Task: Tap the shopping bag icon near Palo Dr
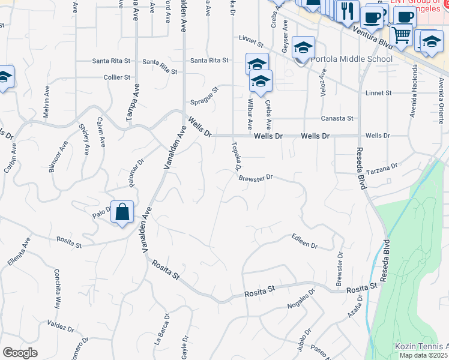tap(122, 212)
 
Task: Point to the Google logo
tap(20, 353)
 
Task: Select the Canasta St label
tap(337, 118)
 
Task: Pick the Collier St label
tap(117, 77)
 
